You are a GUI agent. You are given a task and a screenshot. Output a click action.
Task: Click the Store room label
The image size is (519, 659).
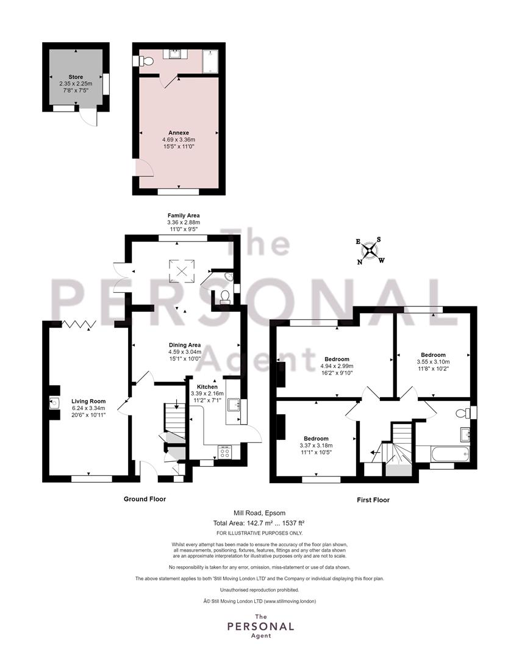76,77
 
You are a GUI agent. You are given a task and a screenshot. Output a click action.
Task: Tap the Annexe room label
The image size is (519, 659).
179,133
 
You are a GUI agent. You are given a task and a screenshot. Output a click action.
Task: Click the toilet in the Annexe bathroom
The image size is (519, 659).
145,61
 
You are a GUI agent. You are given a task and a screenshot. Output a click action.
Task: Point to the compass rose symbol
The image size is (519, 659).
370,251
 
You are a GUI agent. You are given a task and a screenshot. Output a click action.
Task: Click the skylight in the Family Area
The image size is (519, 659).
182,271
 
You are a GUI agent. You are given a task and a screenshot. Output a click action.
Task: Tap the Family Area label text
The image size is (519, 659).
184,215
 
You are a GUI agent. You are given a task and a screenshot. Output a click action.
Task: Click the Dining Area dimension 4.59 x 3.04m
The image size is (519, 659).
185,352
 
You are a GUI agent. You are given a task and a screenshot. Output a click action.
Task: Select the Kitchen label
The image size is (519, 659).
207,387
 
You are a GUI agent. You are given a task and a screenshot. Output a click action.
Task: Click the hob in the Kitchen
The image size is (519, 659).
224,452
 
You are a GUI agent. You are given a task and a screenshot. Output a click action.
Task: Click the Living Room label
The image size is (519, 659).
88,402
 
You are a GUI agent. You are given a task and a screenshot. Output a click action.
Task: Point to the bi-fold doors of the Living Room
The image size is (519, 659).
79,323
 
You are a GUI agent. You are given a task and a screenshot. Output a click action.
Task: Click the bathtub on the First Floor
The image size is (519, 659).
449,454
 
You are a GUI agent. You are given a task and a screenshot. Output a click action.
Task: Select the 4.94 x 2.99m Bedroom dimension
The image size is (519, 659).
337,366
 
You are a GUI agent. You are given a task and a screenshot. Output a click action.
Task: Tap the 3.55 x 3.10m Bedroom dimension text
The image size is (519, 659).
433,361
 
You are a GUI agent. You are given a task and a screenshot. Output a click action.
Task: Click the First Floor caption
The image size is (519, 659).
373,500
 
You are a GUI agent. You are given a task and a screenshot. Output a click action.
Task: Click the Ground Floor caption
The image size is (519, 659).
145,499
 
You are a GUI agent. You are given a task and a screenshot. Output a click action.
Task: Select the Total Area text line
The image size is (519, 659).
259,524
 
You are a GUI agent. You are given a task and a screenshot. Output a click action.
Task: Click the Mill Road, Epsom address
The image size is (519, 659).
260,513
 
